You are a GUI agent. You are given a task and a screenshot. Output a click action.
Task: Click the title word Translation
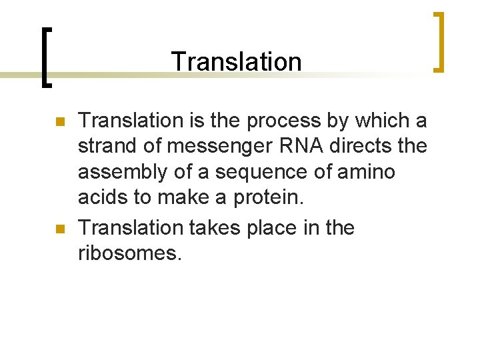tap(237, 61)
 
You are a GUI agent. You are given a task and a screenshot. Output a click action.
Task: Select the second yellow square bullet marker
tap(59, 229)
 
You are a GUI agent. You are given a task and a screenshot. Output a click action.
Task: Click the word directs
tap(365, 146)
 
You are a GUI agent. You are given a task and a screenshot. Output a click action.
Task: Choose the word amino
tap(367, 173)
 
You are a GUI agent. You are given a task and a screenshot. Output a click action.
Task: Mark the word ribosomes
tap(129, 253)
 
